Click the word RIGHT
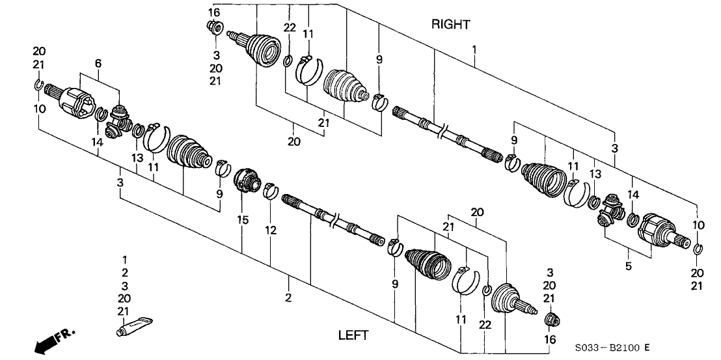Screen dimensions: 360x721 450,25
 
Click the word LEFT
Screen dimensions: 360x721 353,336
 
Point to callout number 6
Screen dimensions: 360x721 98,63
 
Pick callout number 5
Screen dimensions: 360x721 629,266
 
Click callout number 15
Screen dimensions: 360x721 242,221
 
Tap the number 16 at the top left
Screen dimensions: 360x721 214,13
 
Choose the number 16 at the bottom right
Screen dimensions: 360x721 551,340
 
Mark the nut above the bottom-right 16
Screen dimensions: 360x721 552,319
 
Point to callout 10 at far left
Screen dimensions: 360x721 40,108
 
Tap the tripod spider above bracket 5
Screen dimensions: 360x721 610,210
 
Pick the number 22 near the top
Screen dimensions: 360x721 290,27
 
